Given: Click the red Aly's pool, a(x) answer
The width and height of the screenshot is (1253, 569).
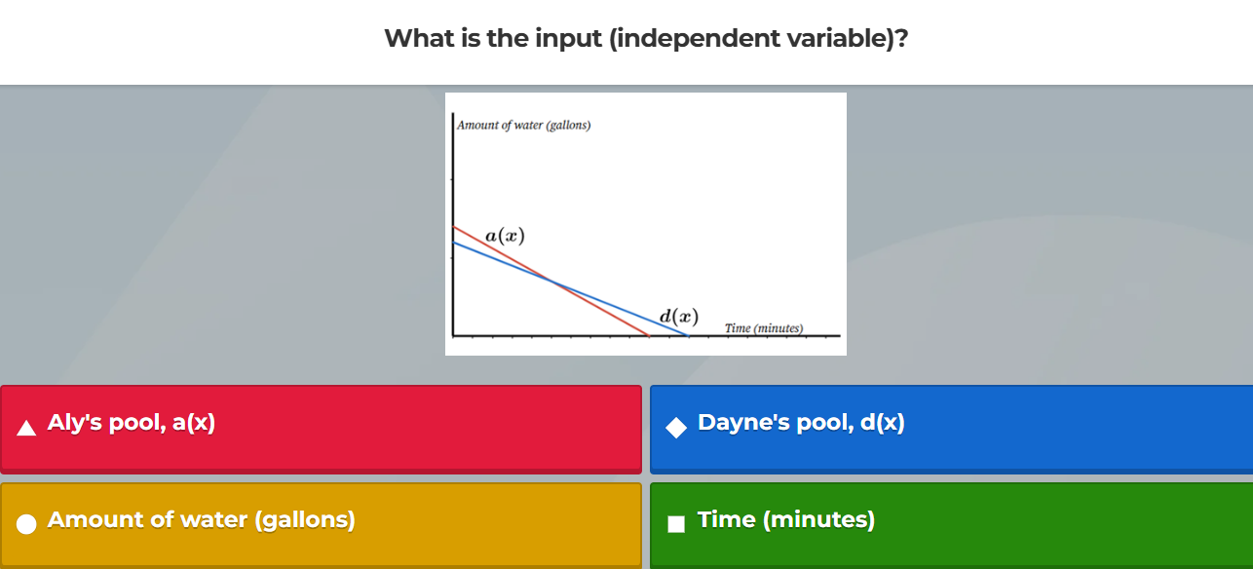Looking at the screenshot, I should click(321, 429).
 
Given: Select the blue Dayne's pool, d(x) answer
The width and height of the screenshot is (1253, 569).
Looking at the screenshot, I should click(951, 429).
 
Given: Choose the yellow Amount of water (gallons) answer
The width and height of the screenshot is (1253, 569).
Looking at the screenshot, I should click(321, 523).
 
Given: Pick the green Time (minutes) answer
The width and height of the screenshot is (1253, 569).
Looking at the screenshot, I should click(951, 523).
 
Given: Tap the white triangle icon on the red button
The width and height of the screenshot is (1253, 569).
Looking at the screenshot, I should click(27, 426).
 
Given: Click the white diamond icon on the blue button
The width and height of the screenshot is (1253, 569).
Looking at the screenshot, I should click(676, 426).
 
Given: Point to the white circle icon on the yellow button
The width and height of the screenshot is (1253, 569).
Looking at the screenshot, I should click(27, 523).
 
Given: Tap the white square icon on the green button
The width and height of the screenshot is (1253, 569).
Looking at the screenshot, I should click(676, 523).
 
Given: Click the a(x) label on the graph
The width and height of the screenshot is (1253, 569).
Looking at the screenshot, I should click(505, 236).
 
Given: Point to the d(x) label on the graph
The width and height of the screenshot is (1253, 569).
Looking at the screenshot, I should click(678, 317).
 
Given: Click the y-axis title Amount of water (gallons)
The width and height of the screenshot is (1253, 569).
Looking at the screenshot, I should click(524, 126).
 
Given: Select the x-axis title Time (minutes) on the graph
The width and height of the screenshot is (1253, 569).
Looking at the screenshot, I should click(764, 328).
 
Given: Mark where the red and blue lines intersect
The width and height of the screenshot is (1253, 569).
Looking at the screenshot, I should click(552, 283).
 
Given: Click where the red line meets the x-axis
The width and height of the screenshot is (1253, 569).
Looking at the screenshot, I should click(649, 335).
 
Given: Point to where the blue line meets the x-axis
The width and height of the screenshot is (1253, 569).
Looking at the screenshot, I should click(688, 335).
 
